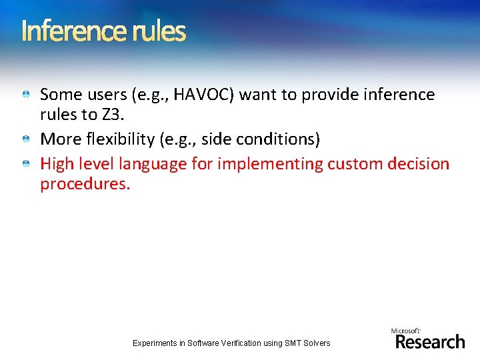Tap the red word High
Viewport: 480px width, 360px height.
pyautogui.click(x=56, y=164)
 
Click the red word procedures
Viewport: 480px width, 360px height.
pyautogui.click(x=85, y=183)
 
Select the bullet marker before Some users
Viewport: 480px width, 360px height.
pyautogui.click(x=25, y=95)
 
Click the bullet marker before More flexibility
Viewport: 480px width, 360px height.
pyautogui.click(x=25, y=139)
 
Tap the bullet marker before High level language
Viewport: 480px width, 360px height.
pyautogui.click(x=25, y=163)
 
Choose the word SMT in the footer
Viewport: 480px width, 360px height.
pyautogui.click(x=293, y=343)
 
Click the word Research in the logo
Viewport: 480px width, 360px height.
pyautogui.click(x=430, y=342)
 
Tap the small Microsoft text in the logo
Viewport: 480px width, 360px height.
pyautogui.click(x=406, y=330)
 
